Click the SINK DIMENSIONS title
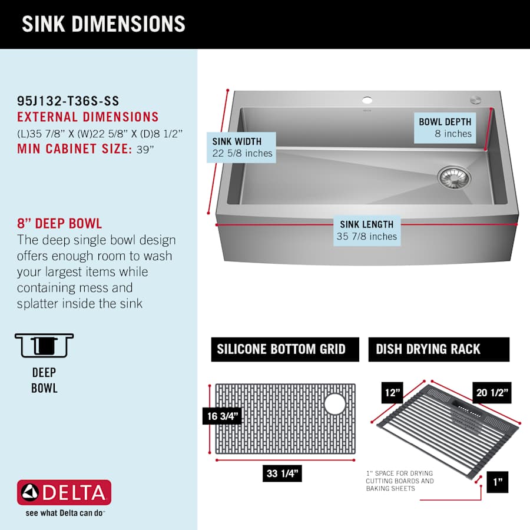click(104, 24)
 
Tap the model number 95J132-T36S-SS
click(68, 101)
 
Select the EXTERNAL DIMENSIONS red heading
click(88, 117)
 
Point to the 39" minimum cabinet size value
click(145, 149)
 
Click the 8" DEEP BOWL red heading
click(59, 223)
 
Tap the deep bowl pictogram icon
click(44, 345)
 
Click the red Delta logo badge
click(64, 492)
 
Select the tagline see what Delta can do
click(65, 513)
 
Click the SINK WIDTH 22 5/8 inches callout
click(241, 147)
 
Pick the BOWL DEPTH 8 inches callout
click(445, 128)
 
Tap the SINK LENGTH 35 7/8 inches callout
click(367, 230)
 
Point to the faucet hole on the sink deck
click(367, 100)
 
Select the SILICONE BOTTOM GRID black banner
click(285, 349)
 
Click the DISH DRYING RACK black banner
click(439, 349)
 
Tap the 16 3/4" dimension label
click(223, 416)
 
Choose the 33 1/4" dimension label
click(282, 473)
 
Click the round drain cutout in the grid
click(334, 403)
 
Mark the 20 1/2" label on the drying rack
click(492, 392)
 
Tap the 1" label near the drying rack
click(498, 482)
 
